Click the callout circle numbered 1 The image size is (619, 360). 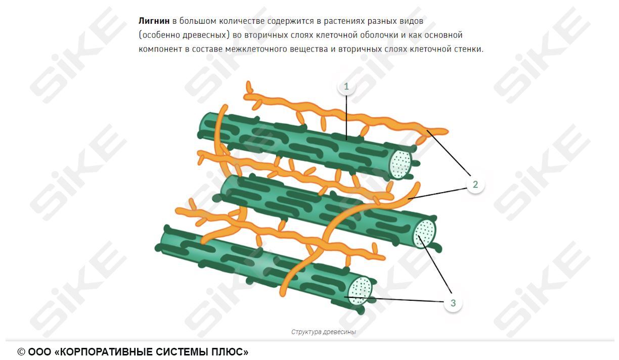[x=346, y=86]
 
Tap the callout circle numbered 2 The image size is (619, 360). [x=475, y=185]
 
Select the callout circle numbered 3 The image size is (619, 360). [x=453, y=303]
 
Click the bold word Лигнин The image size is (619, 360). [x=154, y=21]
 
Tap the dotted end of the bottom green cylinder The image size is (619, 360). [x=361, y=291]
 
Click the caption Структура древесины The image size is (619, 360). [x=323, y=332]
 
